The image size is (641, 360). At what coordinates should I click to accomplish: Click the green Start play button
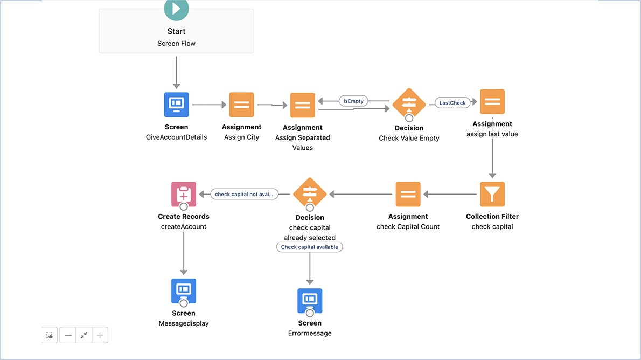pos(176,9)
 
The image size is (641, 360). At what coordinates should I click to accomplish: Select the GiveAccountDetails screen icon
pos(176,105)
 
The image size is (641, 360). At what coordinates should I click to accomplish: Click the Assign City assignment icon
pos(241,105)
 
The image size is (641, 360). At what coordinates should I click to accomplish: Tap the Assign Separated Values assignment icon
pos(303,105)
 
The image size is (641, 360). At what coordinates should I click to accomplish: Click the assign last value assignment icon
pos(492,102)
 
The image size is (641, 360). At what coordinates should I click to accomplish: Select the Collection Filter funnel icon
pos(492,194)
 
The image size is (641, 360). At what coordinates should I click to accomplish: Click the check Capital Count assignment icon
pos(408,194)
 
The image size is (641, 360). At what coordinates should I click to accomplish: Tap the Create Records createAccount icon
pos(184,194)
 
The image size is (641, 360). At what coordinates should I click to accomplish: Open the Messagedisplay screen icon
pos(184,291)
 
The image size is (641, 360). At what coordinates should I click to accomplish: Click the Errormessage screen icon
pos(310,301)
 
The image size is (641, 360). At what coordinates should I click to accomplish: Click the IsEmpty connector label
pos(353,101)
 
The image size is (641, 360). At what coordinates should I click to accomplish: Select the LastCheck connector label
pos(452,103)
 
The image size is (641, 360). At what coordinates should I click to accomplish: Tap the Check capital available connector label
pos(310,247)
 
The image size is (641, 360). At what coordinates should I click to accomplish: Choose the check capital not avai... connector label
pos(244,194)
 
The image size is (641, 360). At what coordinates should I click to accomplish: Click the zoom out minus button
pos(68,335)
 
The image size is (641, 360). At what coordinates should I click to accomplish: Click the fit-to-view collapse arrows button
pos(84,335)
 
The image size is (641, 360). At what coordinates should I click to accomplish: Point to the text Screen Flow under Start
pos(176,43)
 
